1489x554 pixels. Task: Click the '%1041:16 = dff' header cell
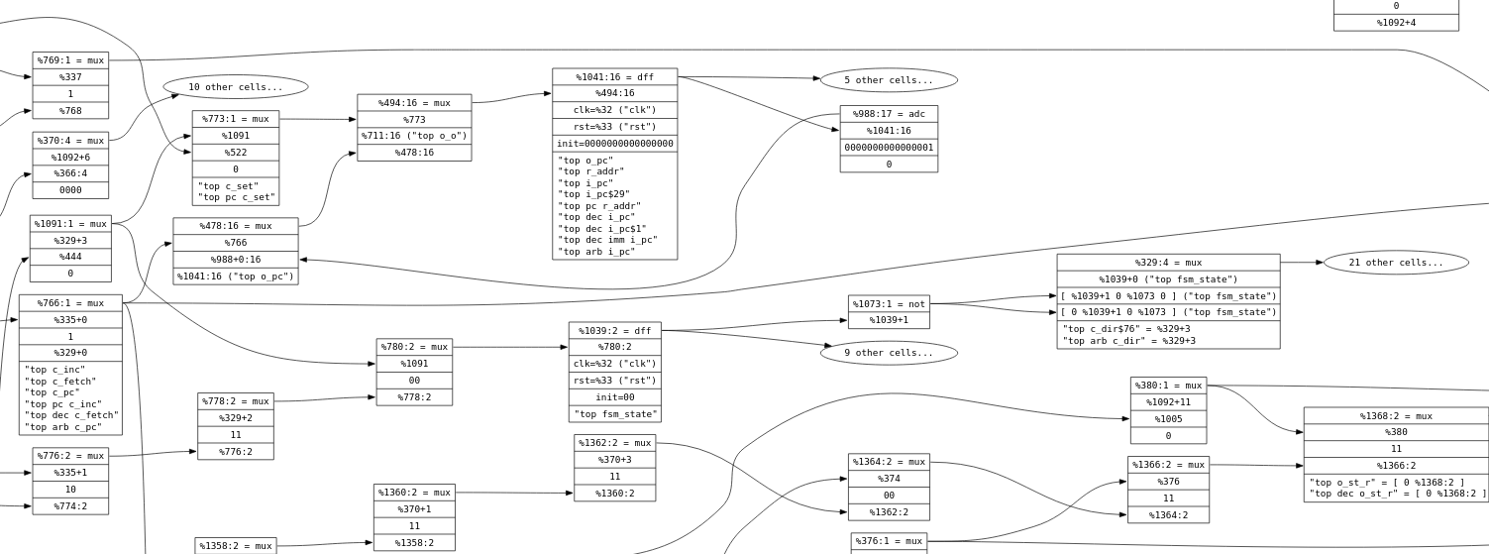click(x=614, y=77)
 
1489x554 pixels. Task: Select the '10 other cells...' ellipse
click(x=235, y=87)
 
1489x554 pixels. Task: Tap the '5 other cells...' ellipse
click(x=889, y=80)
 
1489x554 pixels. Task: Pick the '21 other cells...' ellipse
click(x=1395, y=263)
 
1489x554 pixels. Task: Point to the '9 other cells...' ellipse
click(x=889, y=353)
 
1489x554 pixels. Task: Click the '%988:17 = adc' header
click(x=889, y=114)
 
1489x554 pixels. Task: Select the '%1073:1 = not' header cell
click(x=889, y=304)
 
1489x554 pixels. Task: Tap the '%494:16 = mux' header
click(x=414, y=103)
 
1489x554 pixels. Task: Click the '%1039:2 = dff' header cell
click(x=614, y=331)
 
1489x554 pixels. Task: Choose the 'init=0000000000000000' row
click(x=614, y=144)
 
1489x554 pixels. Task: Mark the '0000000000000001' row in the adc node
click(x=889, y=148)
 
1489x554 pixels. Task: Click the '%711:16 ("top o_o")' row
click(x=414, y=136)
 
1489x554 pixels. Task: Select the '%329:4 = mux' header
click(x=1168, y=263)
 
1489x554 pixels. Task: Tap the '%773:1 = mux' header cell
click(x=236, y=119)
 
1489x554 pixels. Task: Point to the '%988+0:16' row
click(x=236, y=260)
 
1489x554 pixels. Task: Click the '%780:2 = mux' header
click(x=414, y=347)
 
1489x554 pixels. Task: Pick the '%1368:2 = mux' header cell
click(x=1396, y=416)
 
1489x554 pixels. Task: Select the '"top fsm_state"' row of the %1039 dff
click(x=614, y=414)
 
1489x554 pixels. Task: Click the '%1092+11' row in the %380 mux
click(x=1168, y=402)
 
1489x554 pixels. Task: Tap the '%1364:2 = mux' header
click(x=889, y=462)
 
